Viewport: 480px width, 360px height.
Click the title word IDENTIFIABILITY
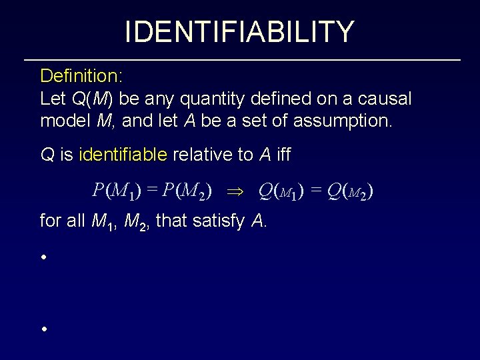239,31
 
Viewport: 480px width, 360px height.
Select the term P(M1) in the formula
117,192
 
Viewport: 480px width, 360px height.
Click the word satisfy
218,221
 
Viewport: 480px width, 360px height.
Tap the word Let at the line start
53,99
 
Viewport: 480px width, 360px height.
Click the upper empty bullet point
43,257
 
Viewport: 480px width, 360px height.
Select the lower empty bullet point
43,329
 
